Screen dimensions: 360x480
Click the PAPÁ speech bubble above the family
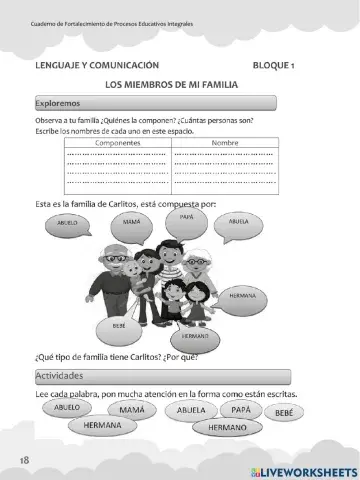[186, 215]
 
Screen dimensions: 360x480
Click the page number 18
[23, 459]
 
